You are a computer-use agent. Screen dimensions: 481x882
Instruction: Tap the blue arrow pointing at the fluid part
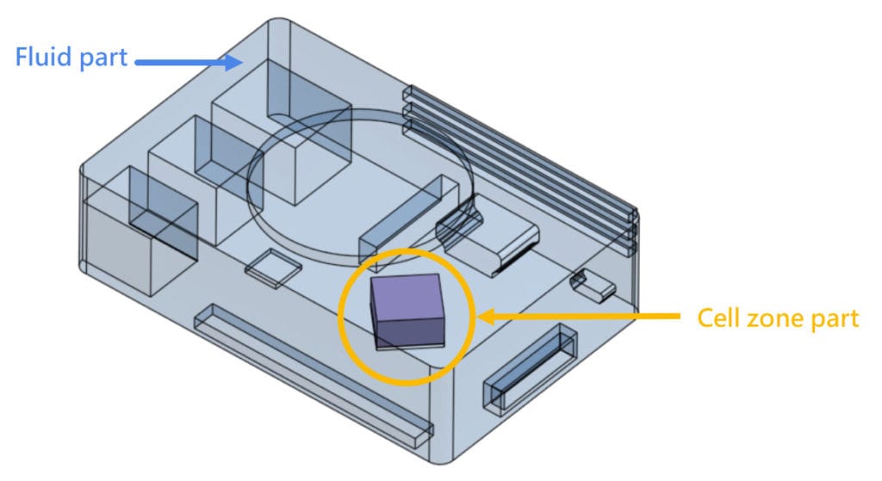[185, 60]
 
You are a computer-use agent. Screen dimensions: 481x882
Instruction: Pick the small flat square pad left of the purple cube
[274, 267]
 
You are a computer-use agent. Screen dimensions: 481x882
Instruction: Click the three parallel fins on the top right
[525, 168]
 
